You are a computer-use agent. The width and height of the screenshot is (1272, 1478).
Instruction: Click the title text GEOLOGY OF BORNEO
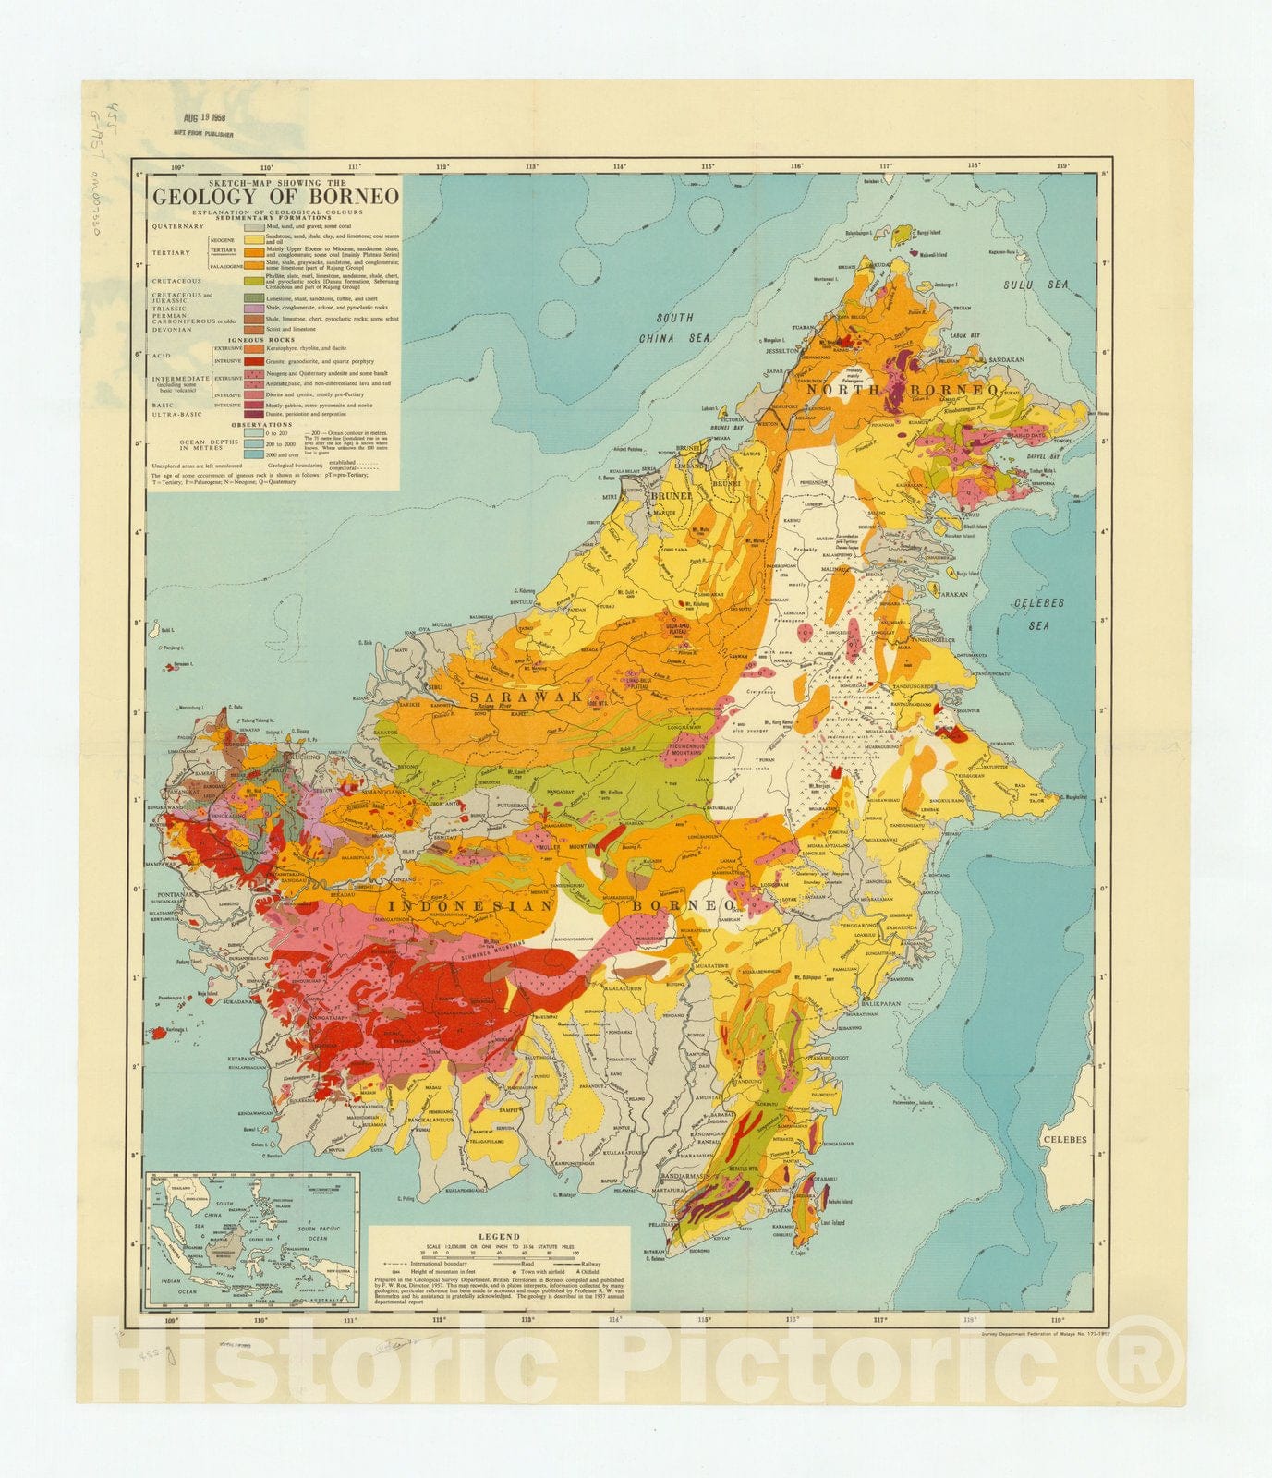275,196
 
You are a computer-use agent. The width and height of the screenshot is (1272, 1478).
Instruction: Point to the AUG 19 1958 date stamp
205,118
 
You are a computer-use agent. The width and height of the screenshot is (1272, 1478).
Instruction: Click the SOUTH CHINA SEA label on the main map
674,328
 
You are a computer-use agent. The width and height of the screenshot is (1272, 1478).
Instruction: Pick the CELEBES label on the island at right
1065,1139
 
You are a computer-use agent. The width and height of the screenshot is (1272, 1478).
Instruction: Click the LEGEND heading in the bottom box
499,1237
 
